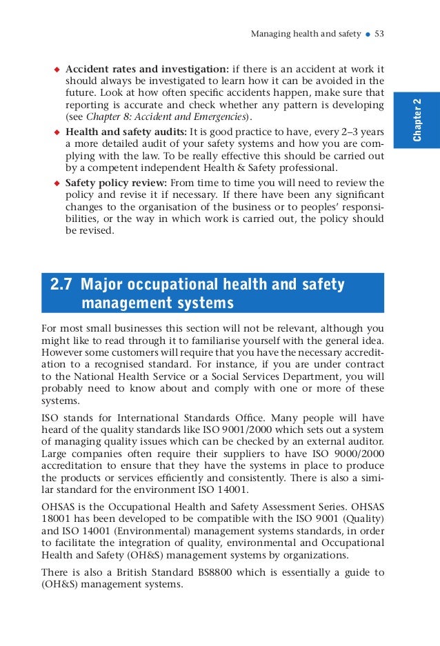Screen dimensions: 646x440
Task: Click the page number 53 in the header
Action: click(379, 33)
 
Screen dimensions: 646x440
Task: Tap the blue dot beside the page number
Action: click(367, 34)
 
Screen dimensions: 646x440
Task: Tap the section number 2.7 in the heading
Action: click(63, 285)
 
